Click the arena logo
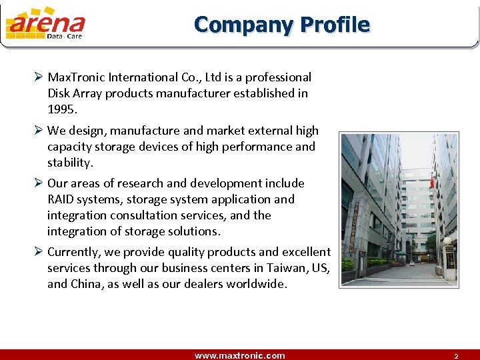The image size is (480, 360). (45, 24)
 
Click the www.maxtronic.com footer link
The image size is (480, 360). (239, 355)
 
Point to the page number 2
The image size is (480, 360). (456, 356)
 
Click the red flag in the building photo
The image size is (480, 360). (432, 182)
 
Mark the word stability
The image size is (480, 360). (69, 163)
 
